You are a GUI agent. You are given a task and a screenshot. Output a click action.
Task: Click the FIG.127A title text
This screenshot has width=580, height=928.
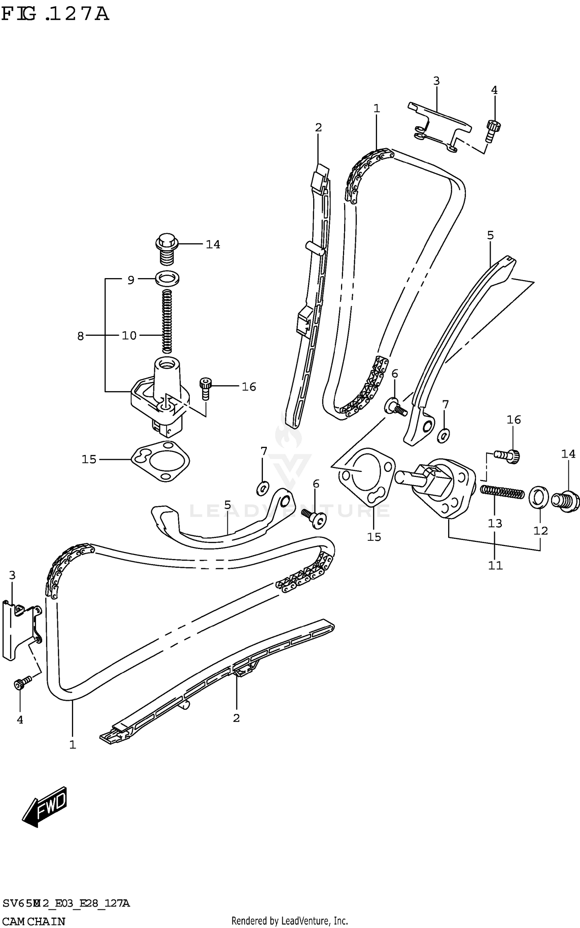(x=55, y=14)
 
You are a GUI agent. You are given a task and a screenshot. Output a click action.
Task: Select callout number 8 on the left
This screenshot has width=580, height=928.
(x=80, y=336)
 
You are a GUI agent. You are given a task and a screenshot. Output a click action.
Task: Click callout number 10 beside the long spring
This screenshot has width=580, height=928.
(x=129, y=335)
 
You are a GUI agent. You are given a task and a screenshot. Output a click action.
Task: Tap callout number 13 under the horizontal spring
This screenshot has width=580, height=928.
(x=495, y=523)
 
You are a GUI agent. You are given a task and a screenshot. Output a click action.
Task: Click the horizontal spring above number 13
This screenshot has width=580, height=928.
(x=502, y=492)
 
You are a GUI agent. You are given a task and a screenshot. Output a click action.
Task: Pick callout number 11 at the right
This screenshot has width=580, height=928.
(x=495, y=565)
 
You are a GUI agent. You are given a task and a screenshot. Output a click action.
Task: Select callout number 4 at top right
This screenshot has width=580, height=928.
(x=494, y=90)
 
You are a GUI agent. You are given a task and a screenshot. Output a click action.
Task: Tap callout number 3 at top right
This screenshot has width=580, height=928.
(x=436, y=81)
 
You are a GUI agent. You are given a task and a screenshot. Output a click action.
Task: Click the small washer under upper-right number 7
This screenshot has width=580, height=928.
(x=443, y=436)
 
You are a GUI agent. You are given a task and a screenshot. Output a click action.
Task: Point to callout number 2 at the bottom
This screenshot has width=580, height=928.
(x=236, y=718)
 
